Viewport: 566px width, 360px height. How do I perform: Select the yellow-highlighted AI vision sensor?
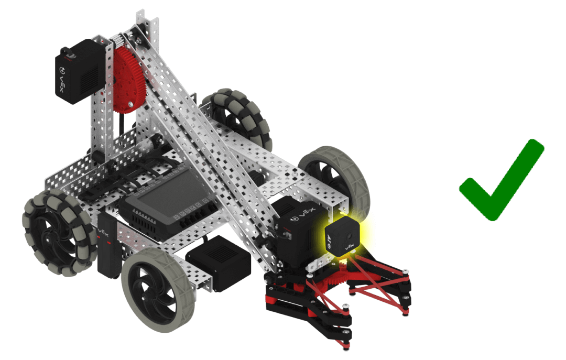(342, 236)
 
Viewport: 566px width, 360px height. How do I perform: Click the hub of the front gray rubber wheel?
(154, 291)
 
